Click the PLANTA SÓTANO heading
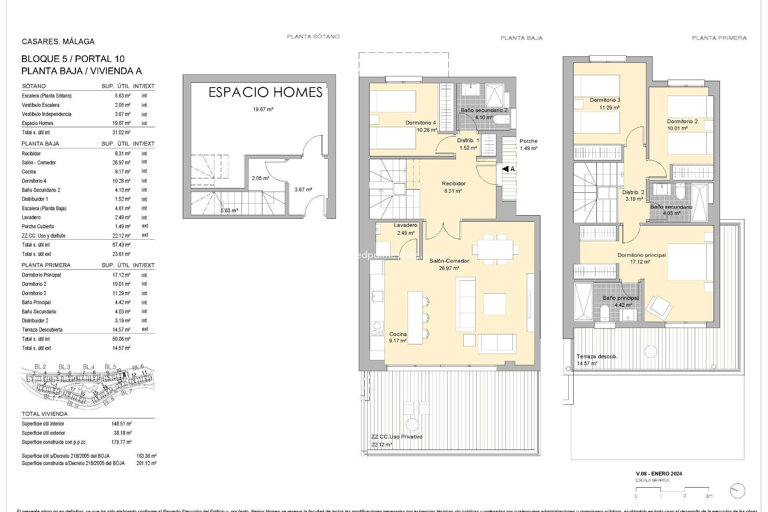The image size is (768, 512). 313,36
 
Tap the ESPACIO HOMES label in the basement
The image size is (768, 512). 266,92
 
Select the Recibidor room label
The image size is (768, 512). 454,184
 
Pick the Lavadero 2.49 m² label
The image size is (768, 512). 406,229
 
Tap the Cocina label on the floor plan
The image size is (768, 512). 398,334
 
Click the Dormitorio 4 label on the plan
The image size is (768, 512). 420,123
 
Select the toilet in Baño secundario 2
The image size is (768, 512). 502,120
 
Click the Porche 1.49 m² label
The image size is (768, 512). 528,144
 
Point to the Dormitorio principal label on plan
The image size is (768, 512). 642,255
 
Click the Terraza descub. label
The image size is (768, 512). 597,356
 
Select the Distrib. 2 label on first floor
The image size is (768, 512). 633,192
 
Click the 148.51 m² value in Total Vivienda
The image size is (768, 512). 122,424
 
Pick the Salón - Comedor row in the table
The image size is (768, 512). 39,162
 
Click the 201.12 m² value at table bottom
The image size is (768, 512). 146,463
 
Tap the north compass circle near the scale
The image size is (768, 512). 737,491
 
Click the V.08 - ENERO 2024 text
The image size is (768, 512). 659,474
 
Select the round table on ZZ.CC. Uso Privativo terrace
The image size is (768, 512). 411,424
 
